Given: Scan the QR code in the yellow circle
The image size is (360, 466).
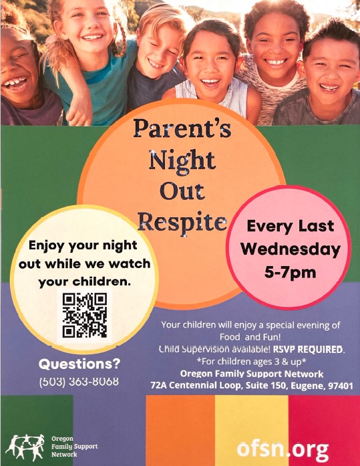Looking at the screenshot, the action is tap(85, 315).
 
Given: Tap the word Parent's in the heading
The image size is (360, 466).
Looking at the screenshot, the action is tap(182, 128).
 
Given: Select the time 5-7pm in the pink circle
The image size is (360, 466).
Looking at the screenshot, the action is tap(290, 273).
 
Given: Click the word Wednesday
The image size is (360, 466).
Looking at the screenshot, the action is tap(291, 249).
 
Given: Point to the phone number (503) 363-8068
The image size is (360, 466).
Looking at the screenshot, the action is tap(79, 381).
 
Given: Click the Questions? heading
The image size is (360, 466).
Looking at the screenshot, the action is tap(79, 364).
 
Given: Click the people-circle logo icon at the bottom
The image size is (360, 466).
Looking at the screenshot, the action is tap(25, 447).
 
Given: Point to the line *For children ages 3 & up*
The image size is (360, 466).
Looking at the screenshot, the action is tap(251, 362).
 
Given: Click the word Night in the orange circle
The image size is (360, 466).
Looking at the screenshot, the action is tap(182, 160).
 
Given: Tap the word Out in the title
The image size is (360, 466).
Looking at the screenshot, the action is tap(182, 191).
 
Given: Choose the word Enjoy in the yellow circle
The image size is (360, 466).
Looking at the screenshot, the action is tap(47, 247).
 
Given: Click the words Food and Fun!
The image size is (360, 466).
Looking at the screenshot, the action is tap(250, 338).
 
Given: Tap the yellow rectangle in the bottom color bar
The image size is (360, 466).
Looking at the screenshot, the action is tap(251, 431).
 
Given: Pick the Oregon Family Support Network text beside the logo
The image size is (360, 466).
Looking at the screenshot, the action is tap(75, 447).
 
